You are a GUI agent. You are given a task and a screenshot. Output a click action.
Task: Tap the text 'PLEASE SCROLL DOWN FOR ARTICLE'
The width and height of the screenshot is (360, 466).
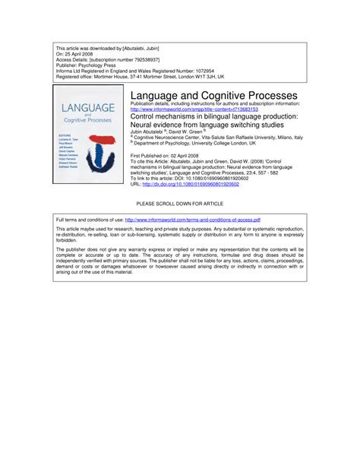pos(180,204)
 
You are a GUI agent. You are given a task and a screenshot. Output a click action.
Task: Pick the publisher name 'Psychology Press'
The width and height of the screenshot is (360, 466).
pos(104,65)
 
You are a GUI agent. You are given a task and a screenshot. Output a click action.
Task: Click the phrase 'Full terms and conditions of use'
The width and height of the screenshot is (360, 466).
pos(90,219)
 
